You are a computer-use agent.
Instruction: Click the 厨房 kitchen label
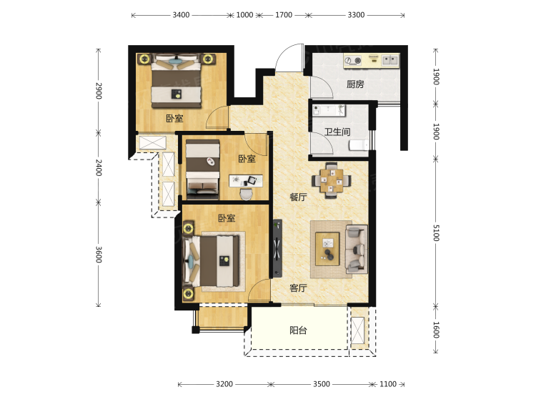355,84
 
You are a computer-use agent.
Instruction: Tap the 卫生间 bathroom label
337,132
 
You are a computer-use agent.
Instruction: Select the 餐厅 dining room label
298,197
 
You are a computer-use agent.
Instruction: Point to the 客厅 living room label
298,288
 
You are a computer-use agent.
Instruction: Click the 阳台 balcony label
298,330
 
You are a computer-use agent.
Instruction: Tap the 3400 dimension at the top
181,15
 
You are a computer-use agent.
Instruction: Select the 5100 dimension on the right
436,232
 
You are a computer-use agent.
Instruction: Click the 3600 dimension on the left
99,255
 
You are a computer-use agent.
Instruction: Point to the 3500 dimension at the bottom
322,384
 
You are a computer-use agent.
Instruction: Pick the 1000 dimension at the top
244,15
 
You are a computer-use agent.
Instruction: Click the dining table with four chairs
331,180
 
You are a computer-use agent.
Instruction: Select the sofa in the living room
357,249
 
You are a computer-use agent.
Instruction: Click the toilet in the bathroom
359,145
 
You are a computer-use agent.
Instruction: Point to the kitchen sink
390,60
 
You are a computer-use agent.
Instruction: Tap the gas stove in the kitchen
353,61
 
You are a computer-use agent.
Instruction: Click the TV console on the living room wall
277,248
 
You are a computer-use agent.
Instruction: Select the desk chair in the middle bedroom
246,195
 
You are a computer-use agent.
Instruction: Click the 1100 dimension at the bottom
388,384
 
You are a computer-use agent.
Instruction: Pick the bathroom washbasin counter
329,110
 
